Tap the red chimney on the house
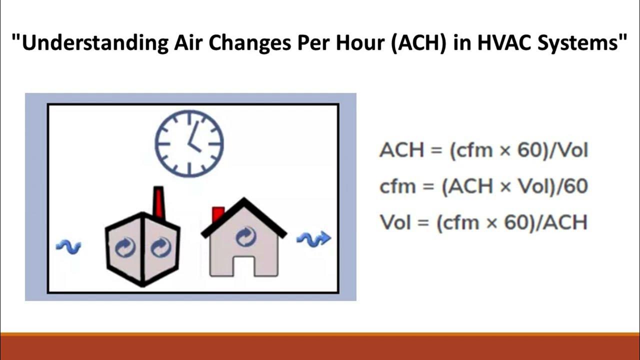pyautogui.click(x=218, y=214)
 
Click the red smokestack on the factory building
pyautogui.click(x=158, y=202)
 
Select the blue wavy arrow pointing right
pyautogui.click(x=314, y=239)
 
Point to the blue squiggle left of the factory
pyautogui.click(x=68, y=246)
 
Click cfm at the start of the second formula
pyautogui.click(x=397, y=186)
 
